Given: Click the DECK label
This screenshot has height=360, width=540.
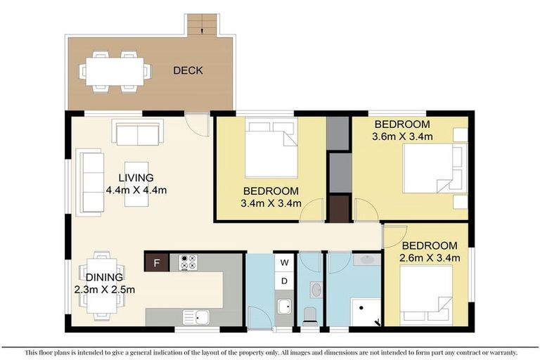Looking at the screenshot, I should click(188, 70).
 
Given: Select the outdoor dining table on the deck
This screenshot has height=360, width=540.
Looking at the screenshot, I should click(115, 70).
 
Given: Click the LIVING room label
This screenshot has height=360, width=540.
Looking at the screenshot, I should click(136, 177).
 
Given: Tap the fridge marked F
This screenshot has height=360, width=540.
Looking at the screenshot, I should click(156, 264).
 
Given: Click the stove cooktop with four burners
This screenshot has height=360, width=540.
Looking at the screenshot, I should click(188, 262).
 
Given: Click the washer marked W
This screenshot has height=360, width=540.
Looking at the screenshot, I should click(285, 263).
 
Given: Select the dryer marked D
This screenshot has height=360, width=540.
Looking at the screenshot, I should click(285, 281).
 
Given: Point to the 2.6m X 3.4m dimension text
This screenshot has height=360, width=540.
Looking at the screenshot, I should click(430, 258).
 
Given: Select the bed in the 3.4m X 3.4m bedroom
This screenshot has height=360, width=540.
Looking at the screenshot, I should click(271, 147).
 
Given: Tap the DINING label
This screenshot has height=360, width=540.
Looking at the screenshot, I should click(105, 277).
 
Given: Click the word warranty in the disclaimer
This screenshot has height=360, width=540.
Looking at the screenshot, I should click(499, 352).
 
